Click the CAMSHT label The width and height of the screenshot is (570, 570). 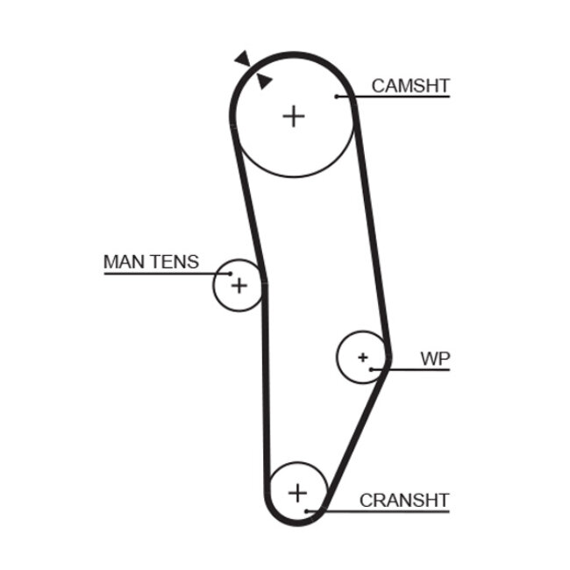click(410, 86)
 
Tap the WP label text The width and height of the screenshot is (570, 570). click(434, 359)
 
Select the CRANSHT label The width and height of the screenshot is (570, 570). click(404, 501)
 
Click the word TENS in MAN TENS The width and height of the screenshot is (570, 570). click(175, 261)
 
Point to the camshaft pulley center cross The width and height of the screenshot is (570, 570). click(294, 116)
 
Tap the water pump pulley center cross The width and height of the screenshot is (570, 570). click(362, 357)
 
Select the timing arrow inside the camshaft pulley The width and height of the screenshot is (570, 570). click(263, 82)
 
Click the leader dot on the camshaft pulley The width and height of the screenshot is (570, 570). click(338, 96)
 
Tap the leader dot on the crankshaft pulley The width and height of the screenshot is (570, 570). click(306, 510)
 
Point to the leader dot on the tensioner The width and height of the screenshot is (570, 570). click(230, 274)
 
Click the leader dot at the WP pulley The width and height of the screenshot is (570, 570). click(372, 369)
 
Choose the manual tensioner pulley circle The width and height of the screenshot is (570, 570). click(226, 297)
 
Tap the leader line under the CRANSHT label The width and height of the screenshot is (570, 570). click(386, 510)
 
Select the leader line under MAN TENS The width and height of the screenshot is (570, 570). click(158, 274)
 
